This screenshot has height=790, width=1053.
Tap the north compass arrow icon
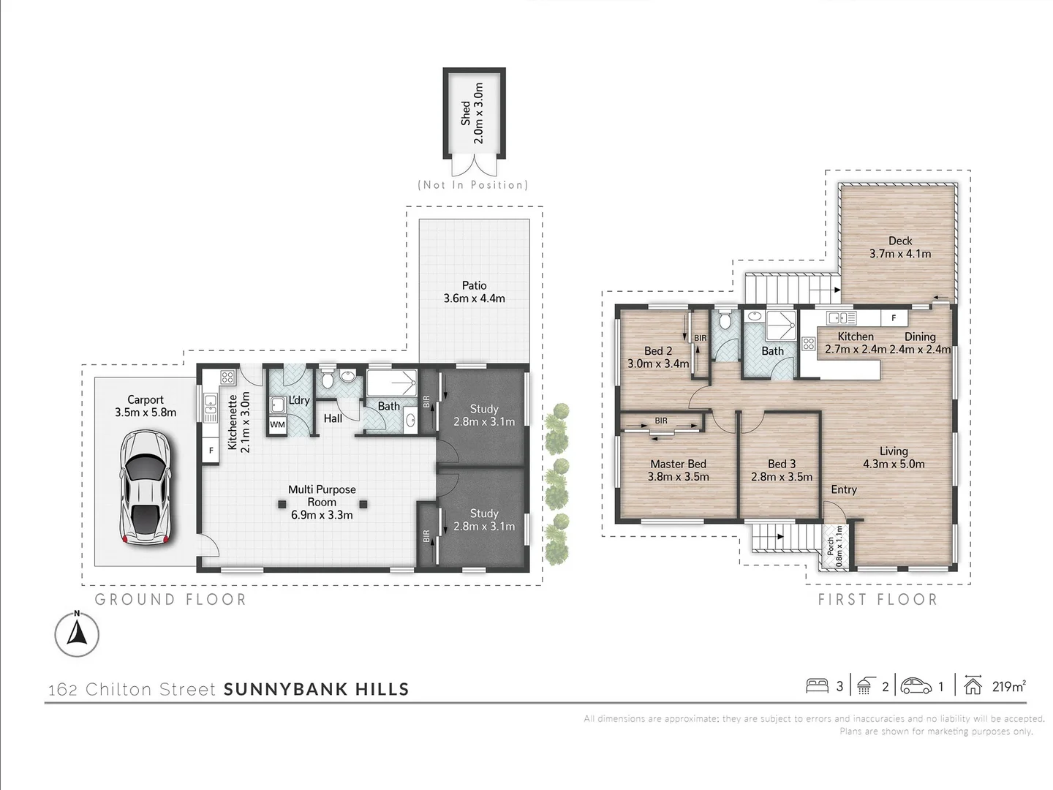point(77,633)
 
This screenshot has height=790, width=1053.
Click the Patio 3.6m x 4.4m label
point(474,292)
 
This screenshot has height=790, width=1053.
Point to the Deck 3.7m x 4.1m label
point(899,247)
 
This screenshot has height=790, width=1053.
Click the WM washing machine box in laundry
point(278,424)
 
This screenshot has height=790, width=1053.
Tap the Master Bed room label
point(678,470)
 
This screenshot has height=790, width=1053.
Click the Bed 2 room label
point(658,357)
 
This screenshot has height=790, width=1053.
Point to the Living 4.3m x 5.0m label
point(894,458)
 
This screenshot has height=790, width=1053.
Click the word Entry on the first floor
point(844,489)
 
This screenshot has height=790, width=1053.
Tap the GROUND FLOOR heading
point(170,600)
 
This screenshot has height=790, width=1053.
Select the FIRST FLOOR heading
point(877,600)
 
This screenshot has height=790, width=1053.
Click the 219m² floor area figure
point(1008,686)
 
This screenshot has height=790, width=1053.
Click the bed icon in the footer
point(817,686)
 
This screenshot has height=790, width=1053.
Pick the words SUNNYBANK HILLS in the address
point(316,689)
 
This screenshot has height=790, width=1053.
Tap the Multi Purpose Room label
point(322,502)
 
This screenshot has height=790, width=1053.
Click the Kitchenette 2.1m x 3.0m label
point(238,422)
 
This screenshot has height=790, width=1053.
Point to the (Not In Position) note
point(472,185)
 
